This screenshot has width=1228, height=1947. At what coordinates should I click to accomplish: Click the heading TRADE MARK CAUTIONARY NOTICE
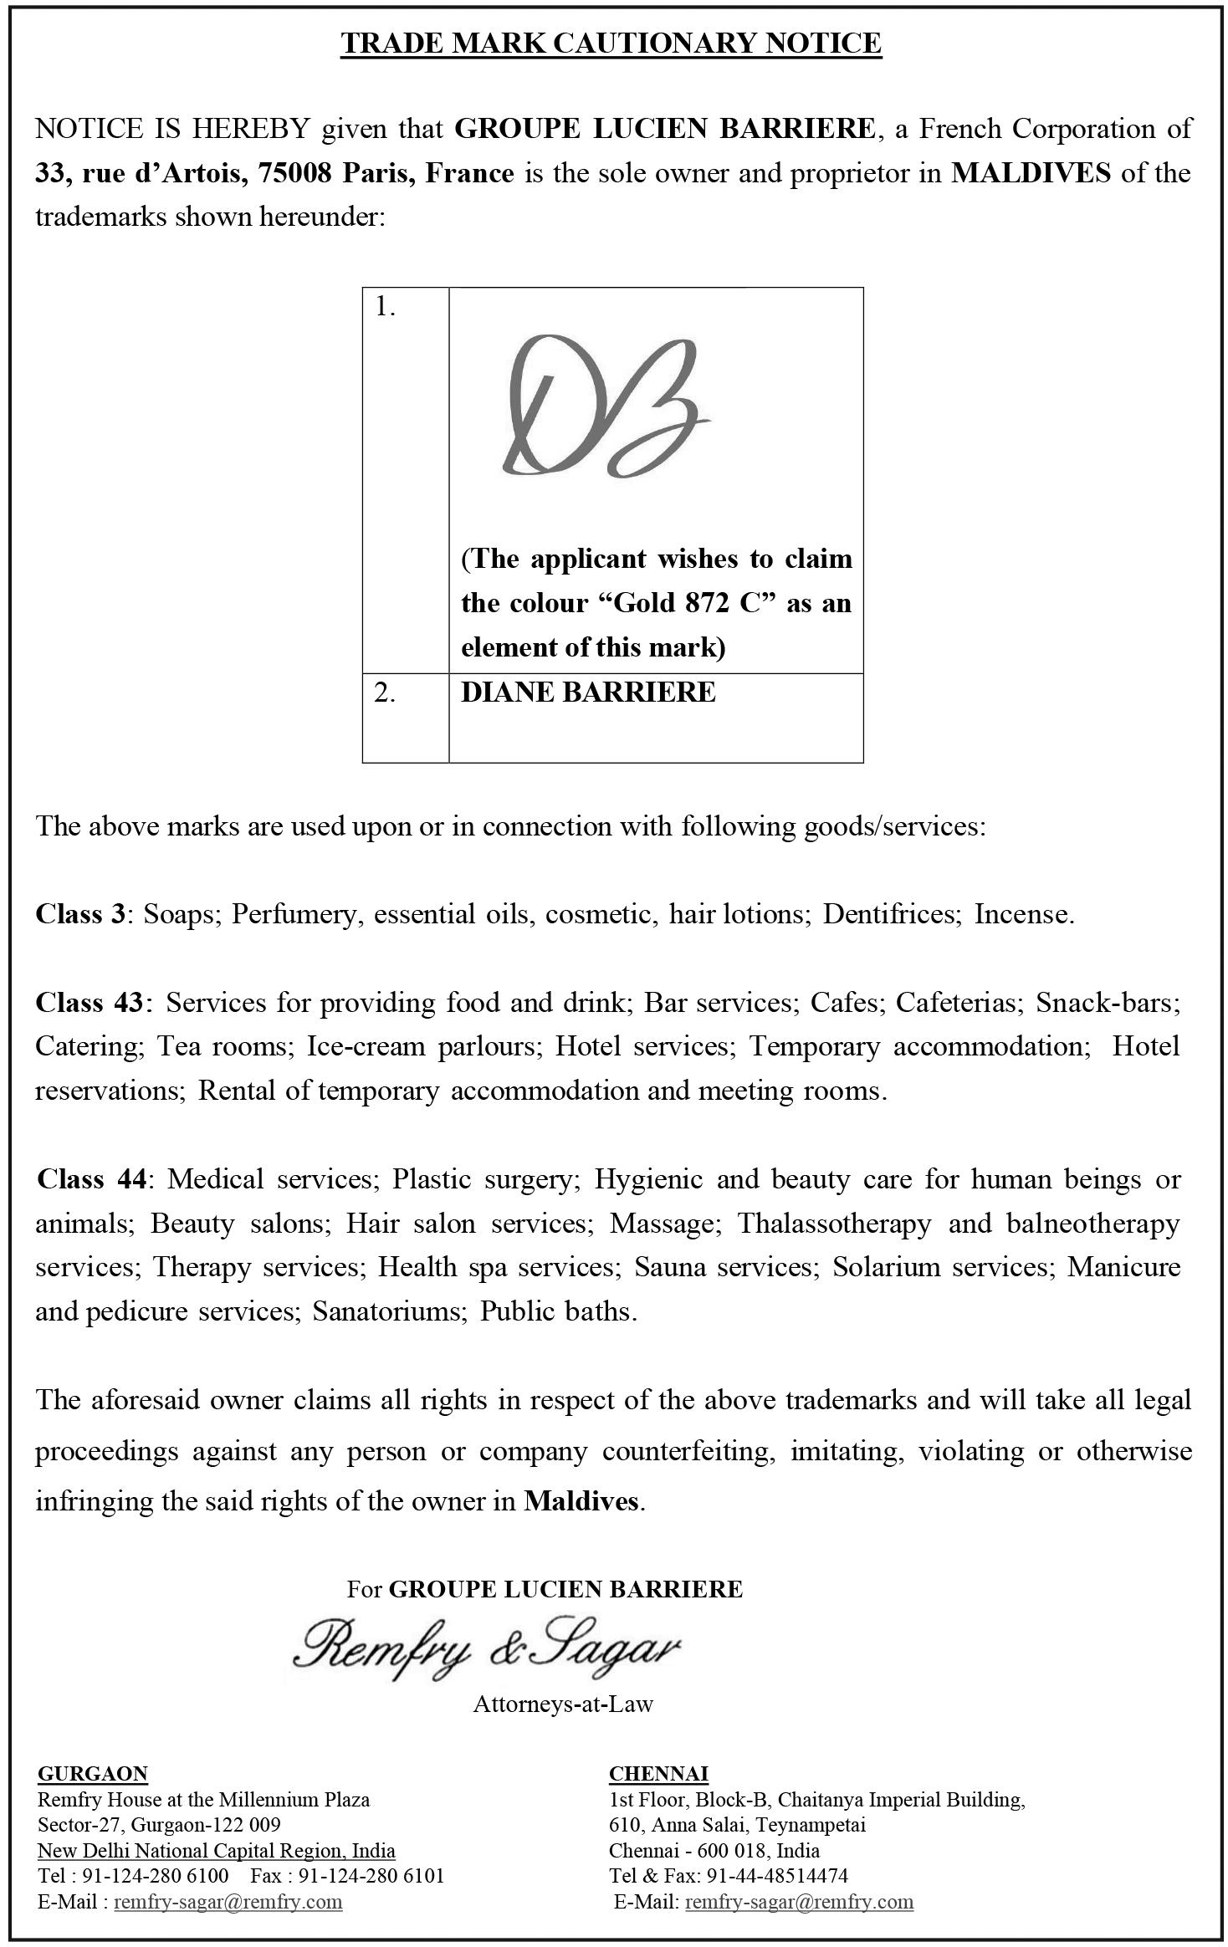click(x=611, y=43)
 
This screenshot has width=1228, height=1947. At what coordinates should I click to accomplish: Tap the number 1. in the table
click(x=385, y=308)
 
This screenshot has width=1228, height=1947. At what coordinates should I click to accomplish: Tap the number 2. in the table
click(x=385, y=692)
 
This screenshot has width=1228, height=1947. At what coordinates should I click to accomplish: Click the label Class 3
click(x=79, y=914)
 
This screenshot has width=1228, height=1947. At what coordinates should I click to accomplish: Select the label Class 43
click(x=90, y=1002)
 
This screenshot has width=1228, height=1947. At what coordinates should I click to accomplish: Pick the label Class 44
click(x=92, y=1178)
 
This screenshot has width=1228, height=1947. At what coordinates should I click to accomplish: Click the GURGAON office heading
click(x=93, y=1774)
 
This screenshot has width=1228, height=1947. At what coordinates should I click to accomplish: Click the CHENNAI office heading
click(x=658, y=1774)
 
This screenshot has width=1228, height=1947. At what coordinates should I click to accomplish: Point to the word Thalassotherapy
click(x=833, y=1223)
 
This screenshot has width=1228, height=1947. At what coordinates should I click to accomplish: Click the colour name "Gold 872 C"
click(x=690, y=603)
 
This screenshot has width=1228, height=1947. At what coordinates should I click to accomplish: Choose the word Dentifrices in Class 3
click(x=889, y=914)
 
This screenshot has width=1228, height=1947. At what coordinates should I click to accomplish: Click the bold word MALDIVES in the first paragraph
click(x=1031, y=173)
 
